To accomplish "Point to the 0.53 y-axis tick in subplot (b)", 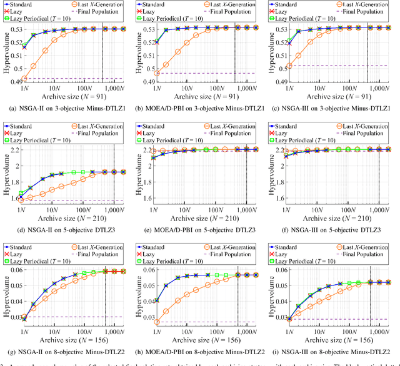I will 144,29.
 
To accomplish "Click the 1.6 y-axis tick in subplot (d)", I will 12,200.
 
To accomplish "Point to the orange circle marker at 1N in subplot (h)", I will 157,322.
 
